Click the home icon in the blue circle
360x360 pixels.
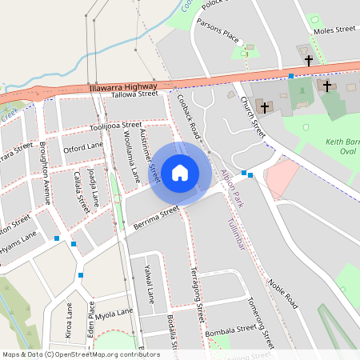coord(180,172)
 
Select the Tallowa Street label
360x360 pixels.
coord(135,94)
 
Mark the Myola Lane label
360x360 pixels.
coord(114,313)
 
